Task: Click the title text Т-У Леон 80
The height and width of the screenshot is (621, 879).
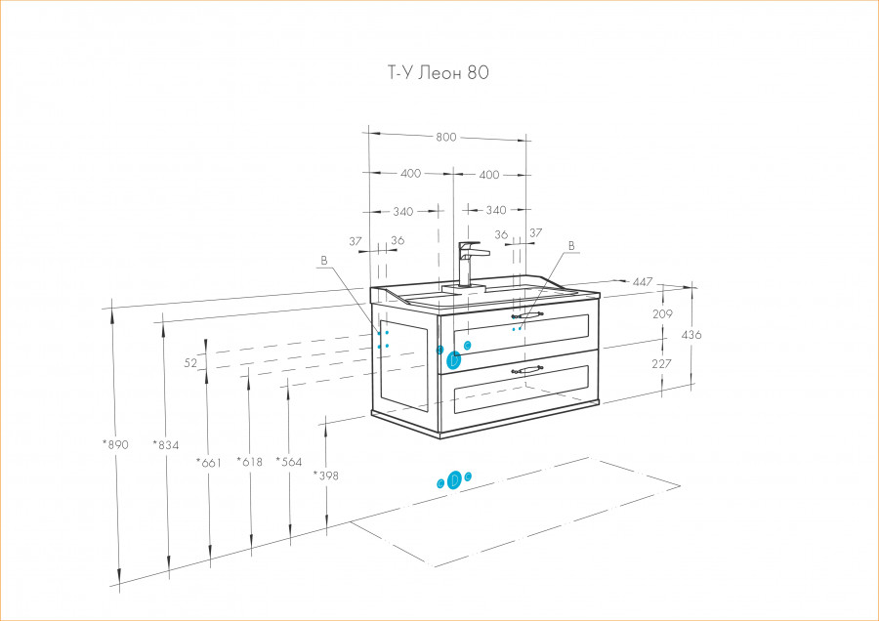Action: coord(432,73)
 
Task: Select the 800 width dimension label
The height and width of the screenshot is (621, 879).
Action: coord(445,137)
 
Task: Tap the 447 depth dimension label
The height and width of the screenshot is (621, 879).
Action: coord(642,282)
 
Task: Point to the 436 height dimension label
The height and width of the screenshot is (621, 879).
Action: coord(691,335)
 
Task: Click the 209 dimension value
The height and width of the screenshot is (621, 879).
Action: coord(663,314)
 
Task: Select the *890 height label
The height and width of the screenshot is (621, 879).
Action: coord(115,444)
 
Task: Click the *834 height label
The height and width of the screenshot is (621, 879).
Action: coord(167,444)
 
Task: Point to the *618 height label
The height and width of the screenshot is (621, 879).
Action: coord(250,462)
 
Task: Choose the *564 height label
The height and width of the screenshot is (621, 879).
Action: coord(289,462)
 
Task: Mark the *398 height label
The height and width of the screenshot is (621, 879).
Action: coord(326,476)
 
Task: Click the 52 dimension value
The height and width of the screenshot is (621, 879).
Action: coord(190,362)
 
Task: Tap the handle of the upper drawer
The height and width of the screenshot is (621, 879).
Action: coord(527,315)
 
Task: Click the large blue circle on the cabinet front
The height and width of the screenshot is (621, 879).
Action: coord(454,360)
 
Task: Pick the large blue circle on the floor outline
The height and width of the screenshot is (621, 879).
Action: coord(454,478)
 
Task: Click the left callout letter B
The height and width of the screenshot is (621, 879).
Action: coord(323,261)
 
